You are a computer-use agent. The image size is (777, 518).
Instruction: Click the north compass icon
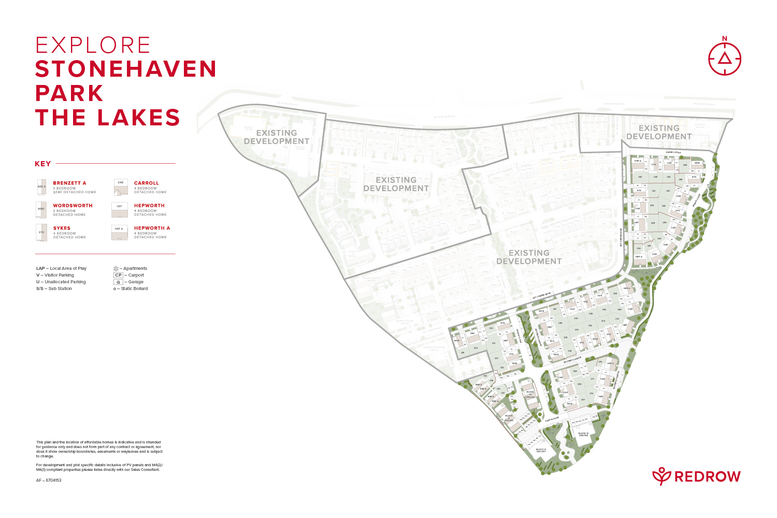click(724, 57)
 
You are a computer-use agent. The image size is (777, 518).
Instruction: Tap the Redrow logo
click(696, 476)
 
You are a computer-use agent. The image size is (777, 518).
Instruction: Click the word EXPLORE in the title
click(93, 46)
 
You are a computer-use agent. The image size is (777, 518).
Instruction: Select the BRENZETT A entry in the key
click(69, 183)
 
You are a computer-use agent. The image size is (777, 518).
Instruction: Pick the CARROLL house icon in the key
click(121, 187)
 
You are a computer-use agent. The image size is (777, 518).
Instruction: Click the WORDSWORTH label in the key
click(73, 206)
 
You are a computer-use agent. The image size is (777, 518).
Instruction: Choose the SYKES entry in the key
click(62, 228)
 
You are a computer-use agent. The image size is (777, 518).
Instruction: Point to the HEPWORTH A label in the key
click(152, 228)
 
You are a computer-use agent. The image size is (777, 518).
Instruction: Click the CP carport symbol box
click(118, 275)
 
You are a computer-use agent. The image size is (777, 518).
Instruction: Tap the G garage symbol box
click(118, 282)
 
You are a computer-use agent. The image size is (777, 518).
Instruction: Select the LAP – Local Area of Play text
click(61, 268)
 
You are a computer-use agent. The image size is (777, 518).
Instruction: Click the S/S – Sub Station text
click(54, 289)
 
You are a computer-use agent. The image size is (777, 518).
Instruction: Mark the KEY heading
click(42, 164)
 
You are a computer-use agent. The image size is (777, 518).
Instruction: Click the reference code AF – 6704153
click(49, 480)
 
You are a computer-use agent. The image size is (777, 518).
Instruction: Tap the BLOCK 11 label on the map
click(541, 450)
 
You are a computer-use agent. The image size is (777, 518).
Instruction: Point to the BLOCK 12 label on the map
click(583, 434)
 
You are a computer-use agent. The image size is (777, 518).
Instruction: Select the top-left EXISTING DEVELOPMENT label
click(277, 137)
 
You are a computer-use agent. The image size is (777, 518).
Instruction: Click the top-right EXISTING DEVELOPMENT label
click(659, 132)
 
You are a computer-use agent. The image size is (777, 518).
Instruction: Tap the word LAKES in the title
click(138, 118)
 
